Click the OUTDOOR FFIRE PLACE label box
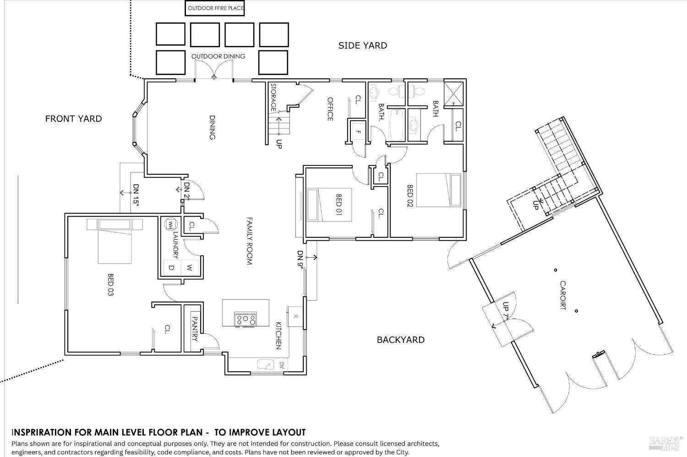215,8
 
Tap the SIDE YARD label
362,45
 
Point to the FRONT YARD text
73,119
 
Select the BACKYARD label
400,340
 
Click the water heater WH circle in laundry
171,224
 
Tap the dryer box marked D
172,267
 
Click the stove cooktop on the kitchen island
245,319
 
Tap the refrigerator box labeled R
295,316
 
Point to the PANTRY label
194,329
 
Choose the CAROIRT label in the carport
562,295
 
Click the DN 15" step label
136,194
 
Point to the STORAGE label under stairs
273,97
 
